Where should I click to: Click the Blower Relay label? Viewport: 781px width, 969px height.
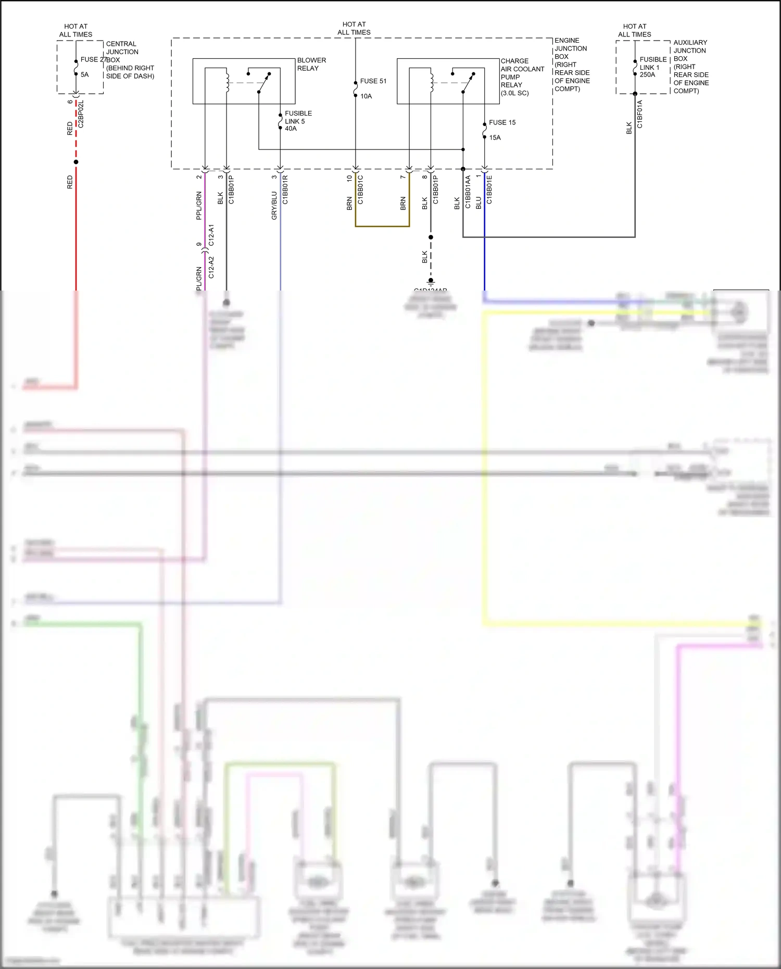click(x=311, y=64)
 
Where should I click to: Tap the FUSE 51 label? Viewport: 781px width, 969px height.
click(x=373, y=81)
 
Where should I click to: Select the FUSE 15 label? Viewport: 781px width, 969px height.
click(x=502, y=122)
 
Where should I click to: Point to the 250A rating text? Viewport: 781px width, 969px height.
click(x=647, y=75)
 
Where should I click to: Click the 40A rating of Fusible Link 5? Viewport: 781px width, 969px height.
click(x=291, y=129)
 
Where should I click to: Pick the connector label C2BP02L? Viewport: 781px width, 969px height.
click(x=81, y=114)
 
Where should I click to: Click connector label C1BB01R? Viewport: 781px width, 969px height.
click(x=285, y=190)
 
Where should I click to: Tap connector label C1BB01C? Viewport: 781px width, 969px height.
click(x=360, y=190)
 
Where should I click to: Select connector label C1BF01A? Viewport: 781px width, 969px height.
click(x=640, y=114)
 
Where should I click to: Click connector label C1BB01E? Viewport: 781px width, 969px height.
click(x=489, y=190)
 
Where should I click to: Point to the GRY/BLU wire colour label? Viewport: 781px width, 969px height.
click(x=274, y=206)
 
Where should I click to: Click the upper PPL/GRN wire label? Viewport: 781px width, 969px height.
click(x=199, y=206)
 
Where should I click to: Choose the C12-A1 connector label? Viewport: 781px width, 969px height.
click(x=211, y=235)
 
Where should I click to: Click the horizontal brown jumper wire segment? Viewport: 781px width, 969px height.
click(x=382, y=226)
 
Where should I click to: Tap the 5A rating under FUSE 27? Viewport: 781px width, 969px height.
click(x=84, y=75)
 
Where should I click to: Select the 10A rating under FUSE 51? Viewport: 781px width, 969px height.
click(x=366, y=96)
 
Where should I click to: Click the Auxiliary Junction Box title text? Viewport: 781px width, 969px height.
click(x=690, y=46)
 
